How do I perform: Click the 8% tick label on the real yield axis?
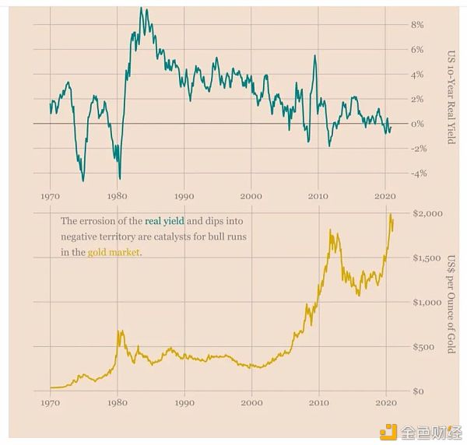tap(417, 25)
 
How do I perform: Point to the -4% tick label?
tap(417, 173)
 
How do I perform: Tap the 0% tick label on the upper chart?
tap(417, 124)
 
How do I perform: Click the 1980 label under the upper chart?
tap(118, 195)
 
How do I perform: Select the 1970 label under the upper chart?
tap(50, 195)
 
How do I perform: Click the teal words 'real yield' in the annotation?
tap(164, 221)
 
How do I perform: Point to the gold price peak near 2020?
tap(389, 215)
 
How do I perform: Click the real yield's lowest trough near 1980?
tap(120, 179)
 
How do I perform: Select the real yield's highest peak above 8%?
tap(141, 8)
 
